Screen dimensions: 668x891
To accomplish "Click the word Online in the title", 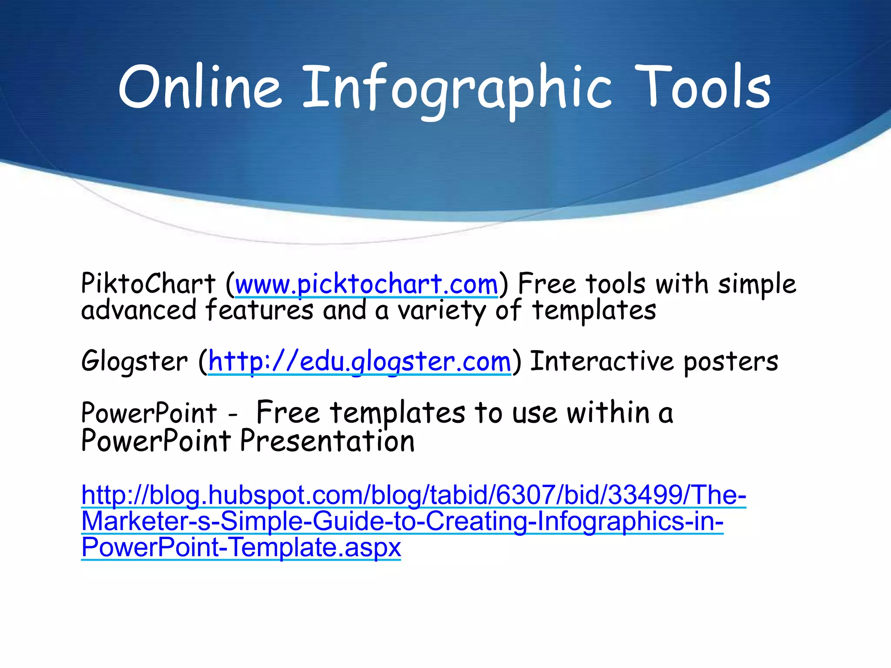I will (x=200, y=87).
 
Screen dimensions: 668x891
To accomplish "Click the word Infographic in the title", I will (x=457, y=89).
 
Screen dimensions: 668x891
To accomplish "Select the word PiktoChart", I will (x=148, y=284).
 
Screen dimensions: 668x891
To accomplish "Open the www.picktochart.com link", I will (x=366, y=285).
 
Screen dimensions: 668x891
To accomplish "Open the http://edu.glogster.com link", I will (x=359, y=362).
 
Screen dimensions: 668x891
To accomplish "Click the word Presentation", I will (x=327, y=441).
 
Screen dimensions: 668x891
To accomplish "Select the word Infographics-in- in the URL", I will (x=630, y=521).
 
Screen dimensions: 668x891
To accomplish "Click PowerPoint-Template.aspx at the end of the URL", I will (x=241, y=547).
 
